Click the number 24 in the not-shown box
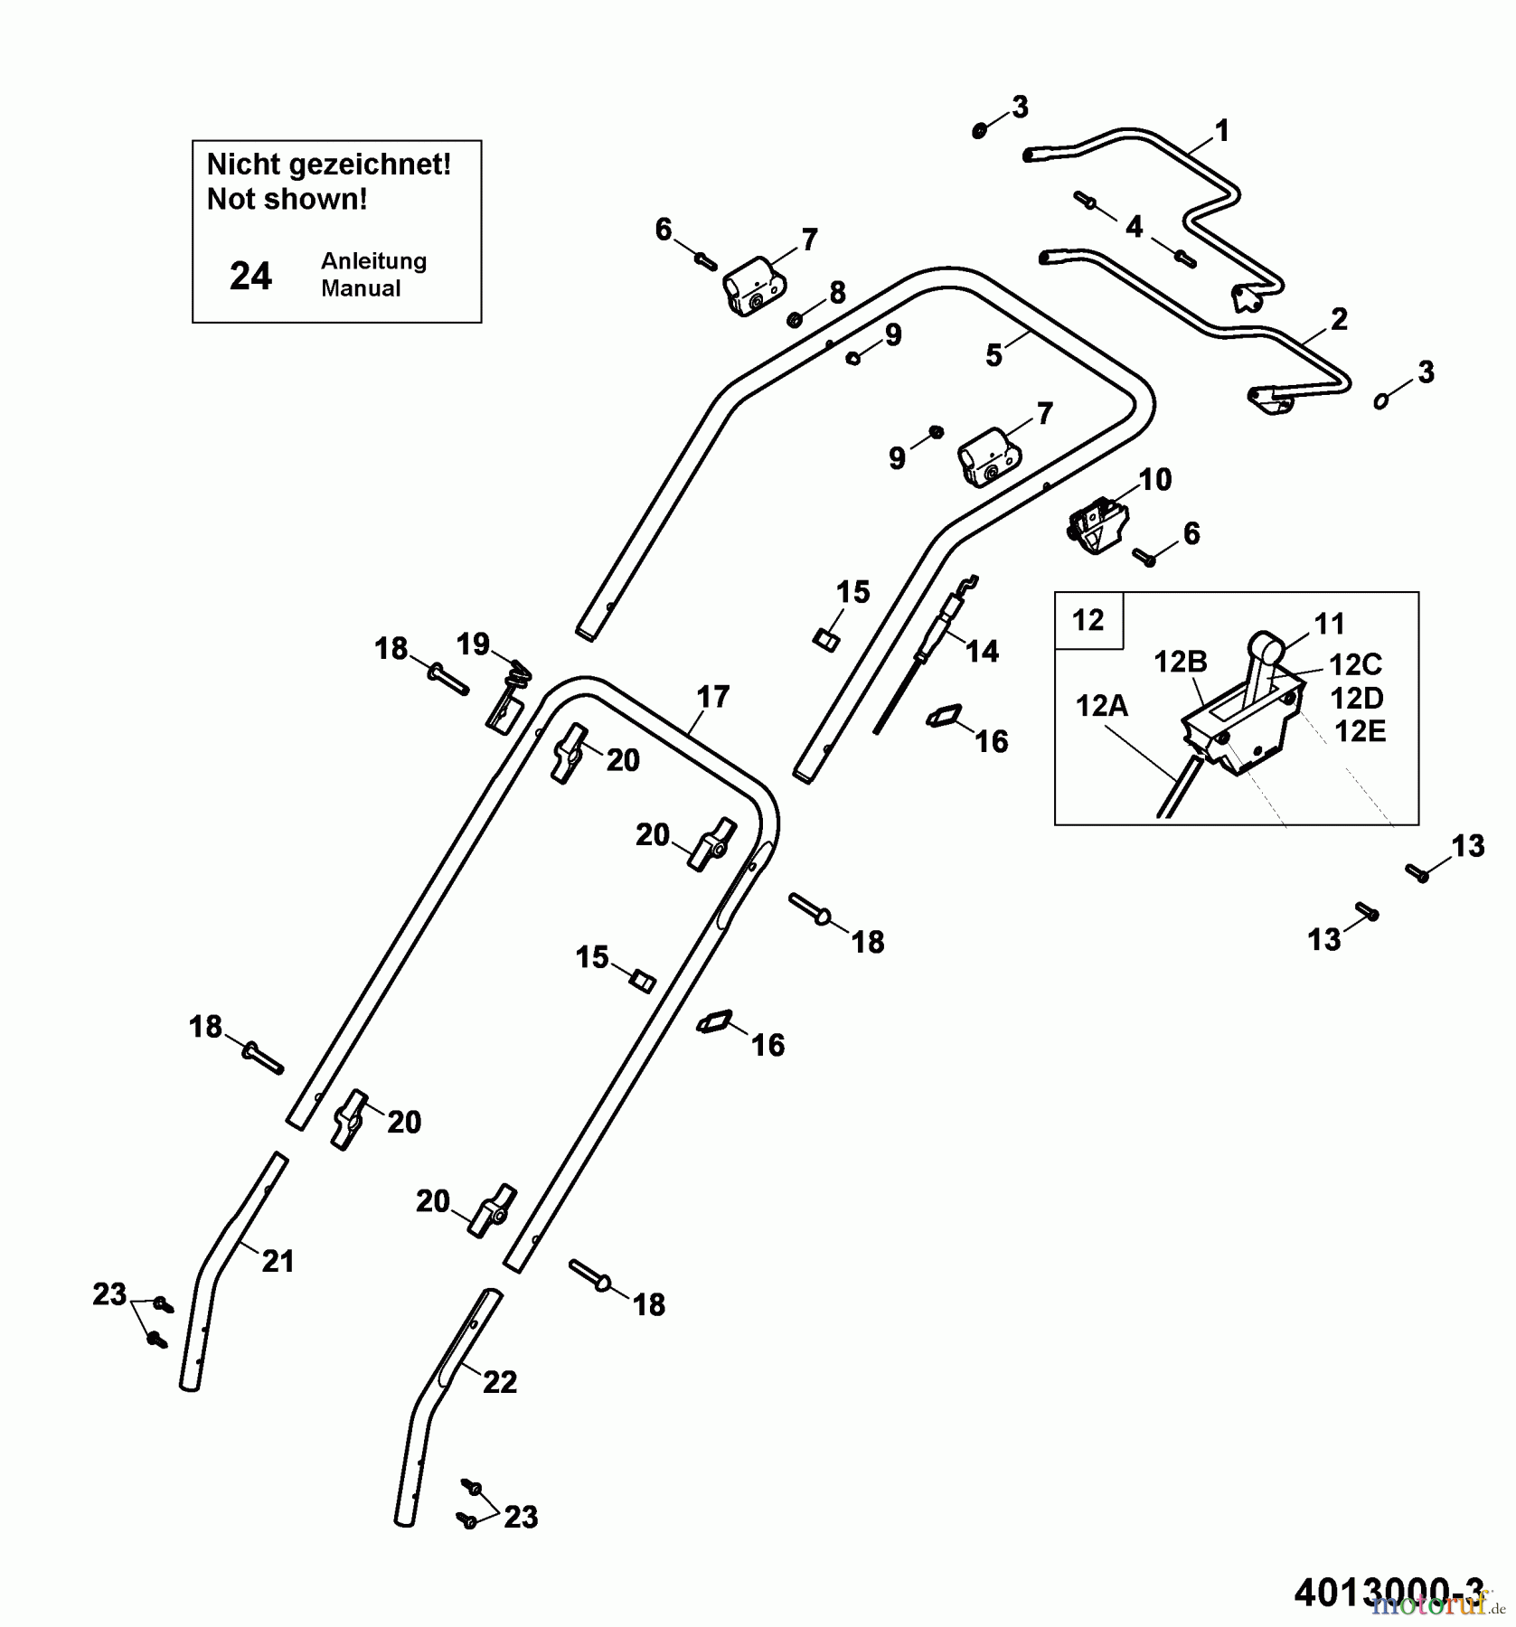250,276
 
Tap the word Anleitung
373,261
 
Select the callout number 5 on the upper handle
993,356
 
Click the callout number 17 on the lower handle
712,697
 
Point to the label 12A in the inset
1101,705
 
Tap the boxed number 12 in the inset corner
1088,620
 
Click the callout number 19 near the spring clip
473,644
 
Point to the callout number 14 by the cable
982,651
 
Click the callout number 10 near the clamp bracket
1154,479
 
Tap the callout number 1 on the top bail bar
1221,132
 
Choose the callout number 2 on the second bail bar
1339,319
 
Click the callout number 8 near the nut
837,292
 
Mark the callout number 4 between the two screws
1134,227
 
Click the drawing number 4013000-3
1388,1592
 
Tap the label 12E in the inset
1360,731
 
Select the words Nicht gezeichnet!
328,165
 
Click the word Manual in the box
361,288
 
